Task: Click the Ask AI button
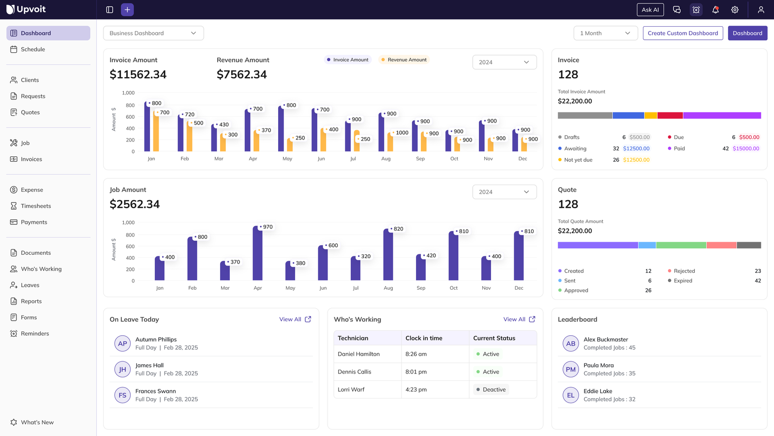point(650,10)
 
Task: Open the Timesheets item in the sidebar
point(35,206)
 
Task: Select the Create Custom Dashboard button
point(683,33)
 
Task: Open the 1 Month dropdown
point(605,33)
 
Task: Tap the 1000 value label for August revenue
point(402,133)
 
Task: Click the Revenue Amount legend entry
point(404,60)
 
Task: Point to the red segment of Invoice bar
point(670,115)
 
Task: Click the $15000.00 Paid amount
point(745,149)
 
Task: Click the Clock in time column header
point(424,338)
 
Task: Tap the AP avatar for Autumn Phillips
point(122,343)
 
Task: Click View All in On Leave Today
point(295,319)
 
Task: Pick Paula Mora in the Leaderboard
point(598,365)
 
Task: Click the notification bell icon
point(715,10)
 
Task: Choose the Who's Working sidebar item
point(41,269)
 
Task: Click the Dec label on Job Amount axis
point(519,288)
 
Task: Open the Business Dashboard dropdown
point(153,33)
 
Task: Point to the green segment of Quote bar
point(681,245)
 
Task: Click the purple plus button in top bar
point(127,10)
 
